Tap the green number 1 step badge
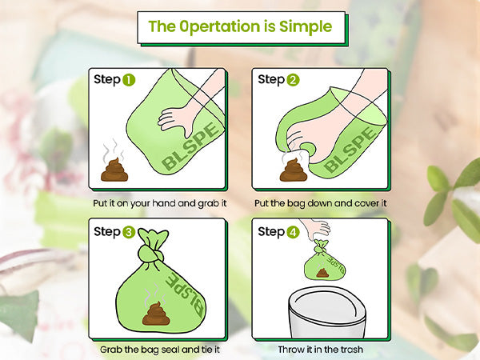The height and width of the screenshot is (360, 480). point(129,80)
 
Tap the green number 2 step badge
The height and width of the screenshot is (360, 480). point(294,80)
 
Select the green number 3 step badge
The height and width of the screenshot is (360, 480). point(129,232)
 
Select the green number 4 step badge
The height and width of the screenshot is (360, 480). point(294,232)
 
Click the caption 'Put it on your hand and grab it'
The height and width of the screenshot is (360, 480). point(158,203)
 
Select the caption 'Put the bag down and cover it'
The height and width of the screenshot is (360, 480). point(322,203)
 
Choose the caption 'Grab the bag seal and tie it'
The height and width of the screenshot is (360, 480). point(158,350)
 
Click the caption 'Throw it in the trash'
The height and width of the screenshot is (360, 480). point(322,350)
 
